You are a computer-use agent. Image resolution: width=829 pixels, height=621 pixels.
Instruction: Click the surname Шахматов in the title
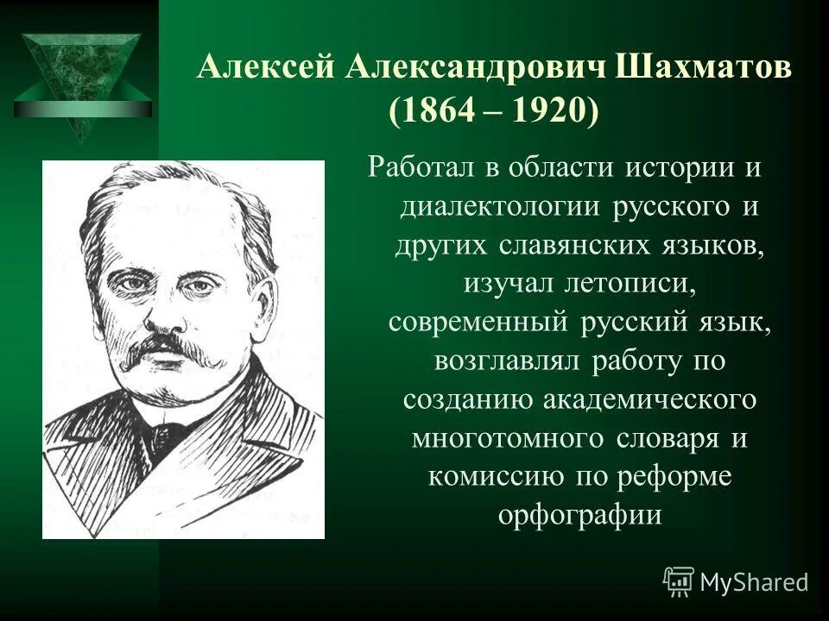(705, 68)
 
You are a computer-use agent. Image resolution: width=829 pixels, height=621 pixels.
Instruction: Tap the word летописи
(639, 284)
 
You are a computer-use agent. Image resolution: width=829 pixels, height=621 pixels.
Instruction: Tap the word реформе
(681, 476)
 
